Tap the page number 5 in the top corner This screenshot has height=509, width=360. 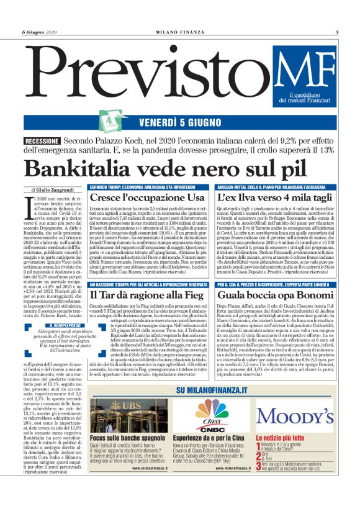[336, 31]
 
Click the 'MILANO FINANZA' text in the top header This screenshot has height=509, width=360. [180, 31]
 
